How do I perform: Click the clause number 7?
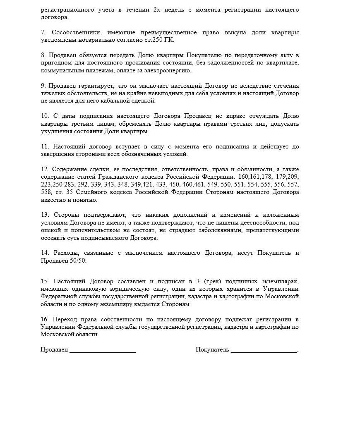click(x=43, y=32)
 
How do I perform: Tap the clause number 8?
click(x=43, y=55)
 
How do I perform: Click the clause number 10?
click(x=44, y=116)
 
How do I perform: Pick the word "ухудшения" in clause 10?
click(x=54, y=132)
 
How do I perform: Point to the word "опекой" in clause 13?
click(x=50, y=230)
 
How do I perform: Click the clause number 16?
click(x=44, y=320)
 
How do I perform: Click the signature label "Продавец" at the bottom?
click(x=54, y=350)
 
